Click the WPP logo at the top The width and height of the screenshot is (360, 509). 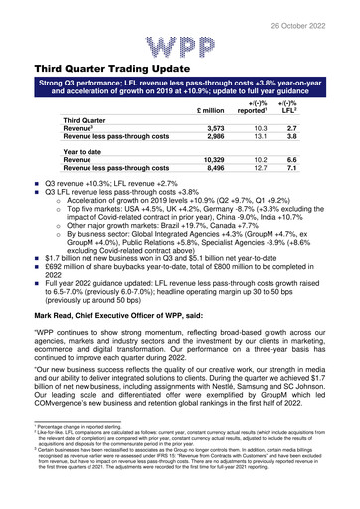point(180,45)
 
